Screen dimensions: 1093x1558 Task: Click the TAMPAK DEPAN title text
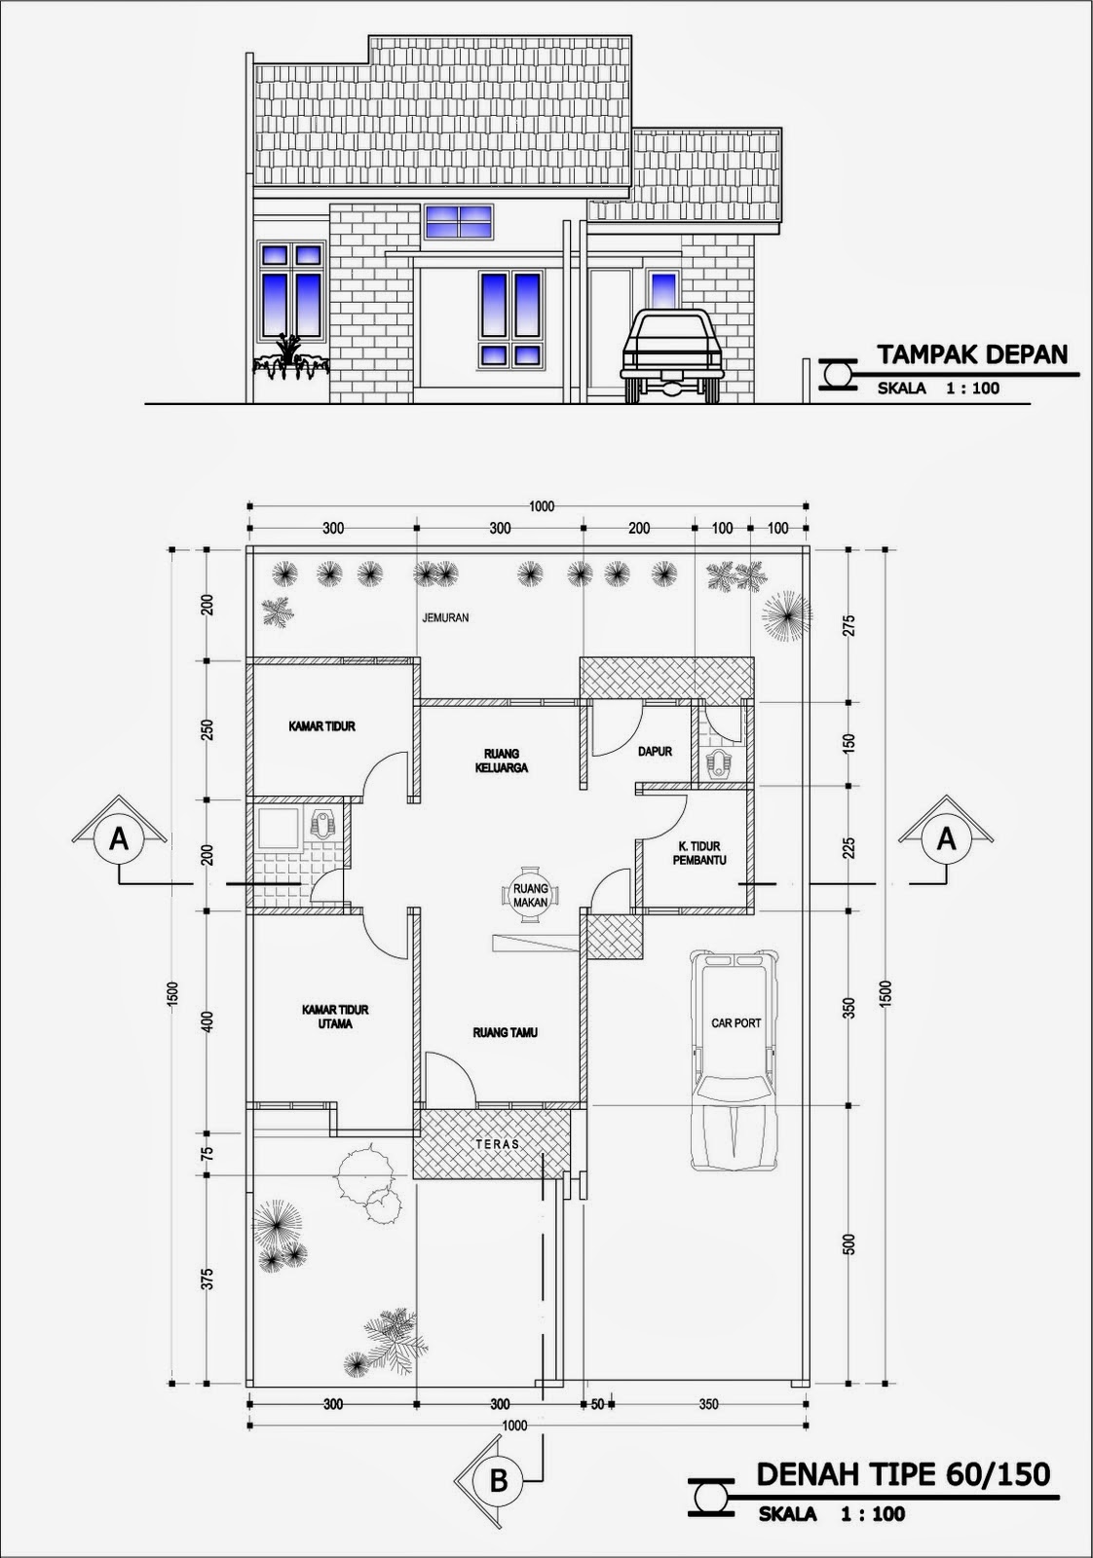point(972,354)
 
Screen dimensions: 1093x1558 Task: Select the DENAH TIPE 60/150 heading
point(903,1474)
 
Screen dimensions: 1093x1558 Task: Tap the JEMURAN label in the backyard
point(446,617)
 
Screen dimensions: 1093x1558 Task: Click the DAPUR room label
point(655,751)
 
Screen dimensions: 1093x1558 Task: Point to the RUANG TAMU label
point(506,1033)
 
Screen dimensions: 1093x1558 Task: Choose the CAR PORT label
point(736,1023)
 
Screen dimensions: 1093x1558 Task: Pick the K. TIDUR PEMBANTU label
point(699,854)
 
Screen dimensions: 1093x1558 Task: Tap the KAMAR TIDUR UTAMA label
point(335,1017)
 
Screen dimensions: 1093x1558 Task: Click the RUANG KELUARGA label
point(507,761)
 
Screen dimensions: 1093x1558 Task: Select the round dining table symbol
point(531,895)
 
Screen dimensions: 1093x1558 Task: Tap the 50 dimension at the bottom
point(597,1404)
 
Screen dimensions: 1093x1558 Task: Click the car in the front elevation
point(671,355)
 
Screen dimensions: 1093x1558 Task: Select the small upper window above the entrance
point(459,222)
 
